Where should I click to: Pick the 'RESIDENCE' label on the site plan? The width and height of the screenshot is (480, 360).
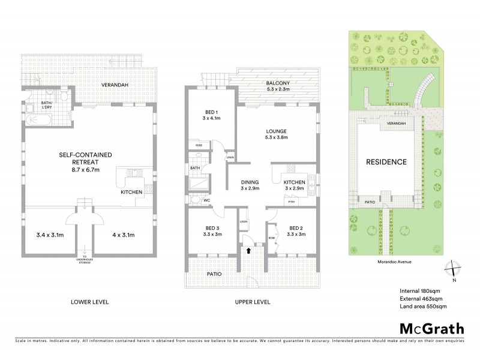pyautogui.click(x=387, y=162)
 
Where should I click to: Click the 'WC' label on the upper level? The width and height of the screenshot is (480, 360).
pyautogui.click(x=206, y=200)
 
